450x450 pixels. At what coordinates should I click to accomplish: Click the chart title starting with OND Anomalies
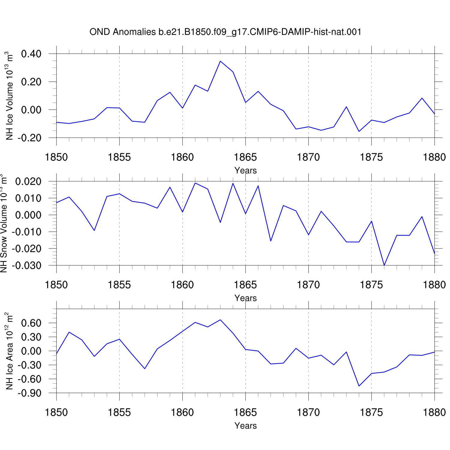pyautogui.click(x=225, y=32)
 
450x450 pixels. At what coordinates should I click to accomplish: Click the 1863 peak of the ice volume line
pyautogui.click(x=220, y=61)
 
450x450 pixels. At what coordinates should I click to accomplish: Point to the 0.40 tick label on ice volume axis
pyautogui.click(x=31, y=54)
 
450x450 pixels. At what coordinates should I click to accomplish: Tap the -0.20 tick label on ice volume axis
pyautogui.click(x=29, y=138)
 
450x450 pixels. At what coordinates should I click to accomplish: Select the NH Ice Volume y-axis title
pyautogui.click(x=9, y=96)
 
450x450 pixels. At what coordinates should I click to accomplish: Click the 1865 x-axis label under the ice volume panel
pyautogui.click(x=245, y=157)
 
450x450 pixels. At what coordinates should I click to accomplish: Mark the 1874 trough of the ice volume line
pyautogui.click(x=359, y=131)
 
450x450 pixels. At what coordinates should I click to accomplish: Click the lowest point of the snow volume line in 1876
pyautogui.click(x=384, y=265)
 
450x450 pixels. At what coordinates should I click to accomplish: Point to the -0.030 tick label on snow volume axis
pyautogui.click(x=27, y=265)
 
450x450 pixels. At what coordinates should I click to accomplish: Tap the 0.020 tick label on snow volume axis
pyautogui.click(x=28, y=181)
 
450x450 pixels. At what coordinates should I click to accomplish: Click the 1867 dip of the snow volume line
pyautogui.click(x=271, y=241)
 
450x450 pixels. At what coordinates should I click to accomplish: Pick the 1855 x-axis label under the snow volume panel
pyautogui.click(x=119, y=285)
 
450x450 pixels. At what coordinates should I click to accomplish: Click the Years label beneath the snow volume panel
pyautogui.click(x=245, y=298)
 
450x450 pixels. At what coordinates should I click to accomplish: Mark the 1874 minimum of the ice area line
pyautogui.click(x=359, y=386)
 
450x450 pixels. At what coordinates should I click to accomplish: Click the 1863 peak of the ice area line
pyautogui.click(x=220, y=320)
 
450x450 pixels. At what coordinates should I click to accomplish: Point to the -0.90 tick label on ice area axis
pyautogui.click(x=29, y=393)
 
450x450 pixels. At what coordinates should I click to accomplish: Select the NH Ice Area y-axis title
pyautogui.click(x=9, y=351)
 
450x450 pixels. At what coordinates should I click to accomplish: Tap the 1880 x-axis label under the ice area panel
pyautogui.click(x=434, y=412)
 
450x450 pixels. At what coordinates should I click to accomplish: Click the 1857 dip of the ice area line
pyautogui.click(x=145, y=368)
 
